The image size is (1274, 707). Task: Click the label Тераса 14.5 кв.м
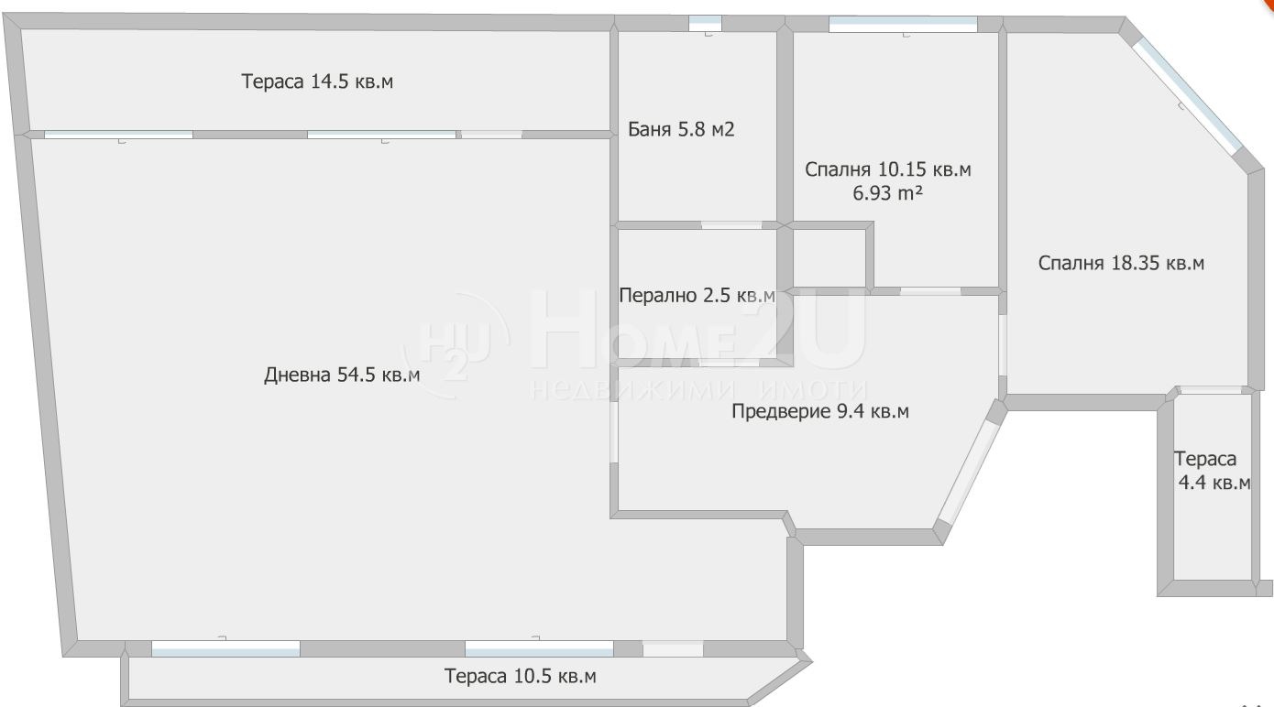click(x=317, y=82)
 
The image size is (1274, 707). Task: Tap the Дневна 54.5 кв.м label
click(x=342, y=375)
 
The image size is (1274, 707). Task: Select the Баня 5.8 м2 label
click(x=681, y=130)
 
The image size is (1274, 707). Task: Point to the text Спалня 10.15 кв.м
click(x=887, y=169)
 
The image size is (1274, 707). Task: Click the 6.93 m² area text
click(x=887, y=193)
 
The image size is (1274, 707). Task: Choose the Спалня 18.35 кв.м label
click(x=1121, y=264)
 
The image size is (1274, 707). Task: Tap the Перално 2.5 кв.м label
click(x=697, y=296)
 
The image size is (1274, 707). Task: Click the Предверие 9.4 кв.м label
click(x=820, y=412)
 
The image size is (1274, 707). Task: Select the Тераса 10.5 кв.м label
click(x=520, y=677)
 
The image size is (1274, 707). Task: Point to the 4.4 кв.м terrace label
click(x=1214, y=484)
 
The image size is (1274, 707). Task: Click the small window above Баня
click(x=705, y=24)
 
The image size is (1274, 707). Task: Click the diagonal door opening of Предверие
click(x=970, y=470)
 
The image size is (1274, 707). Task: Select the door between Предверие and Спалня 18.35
click(x=1002, y=344)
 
